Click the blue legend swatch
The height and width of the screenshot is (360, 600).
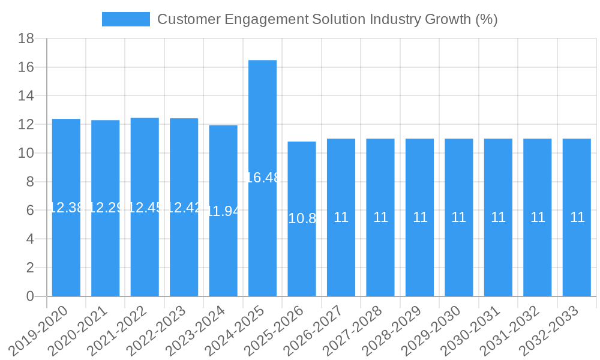(x=126, y=19)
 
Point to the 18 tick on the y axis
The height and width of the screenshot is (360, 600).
(x=26, y=38)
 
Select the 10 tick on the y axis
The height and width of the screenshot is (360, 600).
(x=26, y=153)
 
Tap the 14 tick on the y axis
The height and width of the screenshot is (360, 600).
(x=26, y=96)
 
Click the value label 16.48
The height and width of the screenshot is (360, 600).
(x=263, y=178)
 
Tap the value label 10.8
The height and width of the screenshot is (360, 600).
(x=302, y=218)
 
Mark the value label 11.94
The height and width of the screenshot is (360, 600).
(x=223, y=211)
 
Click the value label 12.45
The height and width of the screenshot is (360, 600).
(x=145, y=208)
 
